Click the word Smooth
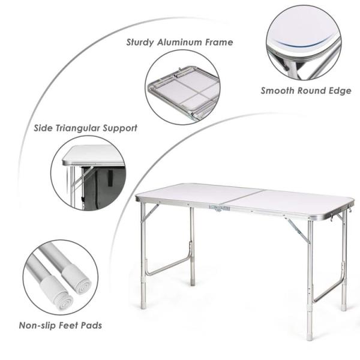click(278, 91)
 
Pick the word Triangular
click(82, 128)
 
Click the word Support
click(122, 128)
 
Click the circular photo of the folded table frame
click(183, 86)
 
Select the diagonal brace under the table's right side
click(297, 231)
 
